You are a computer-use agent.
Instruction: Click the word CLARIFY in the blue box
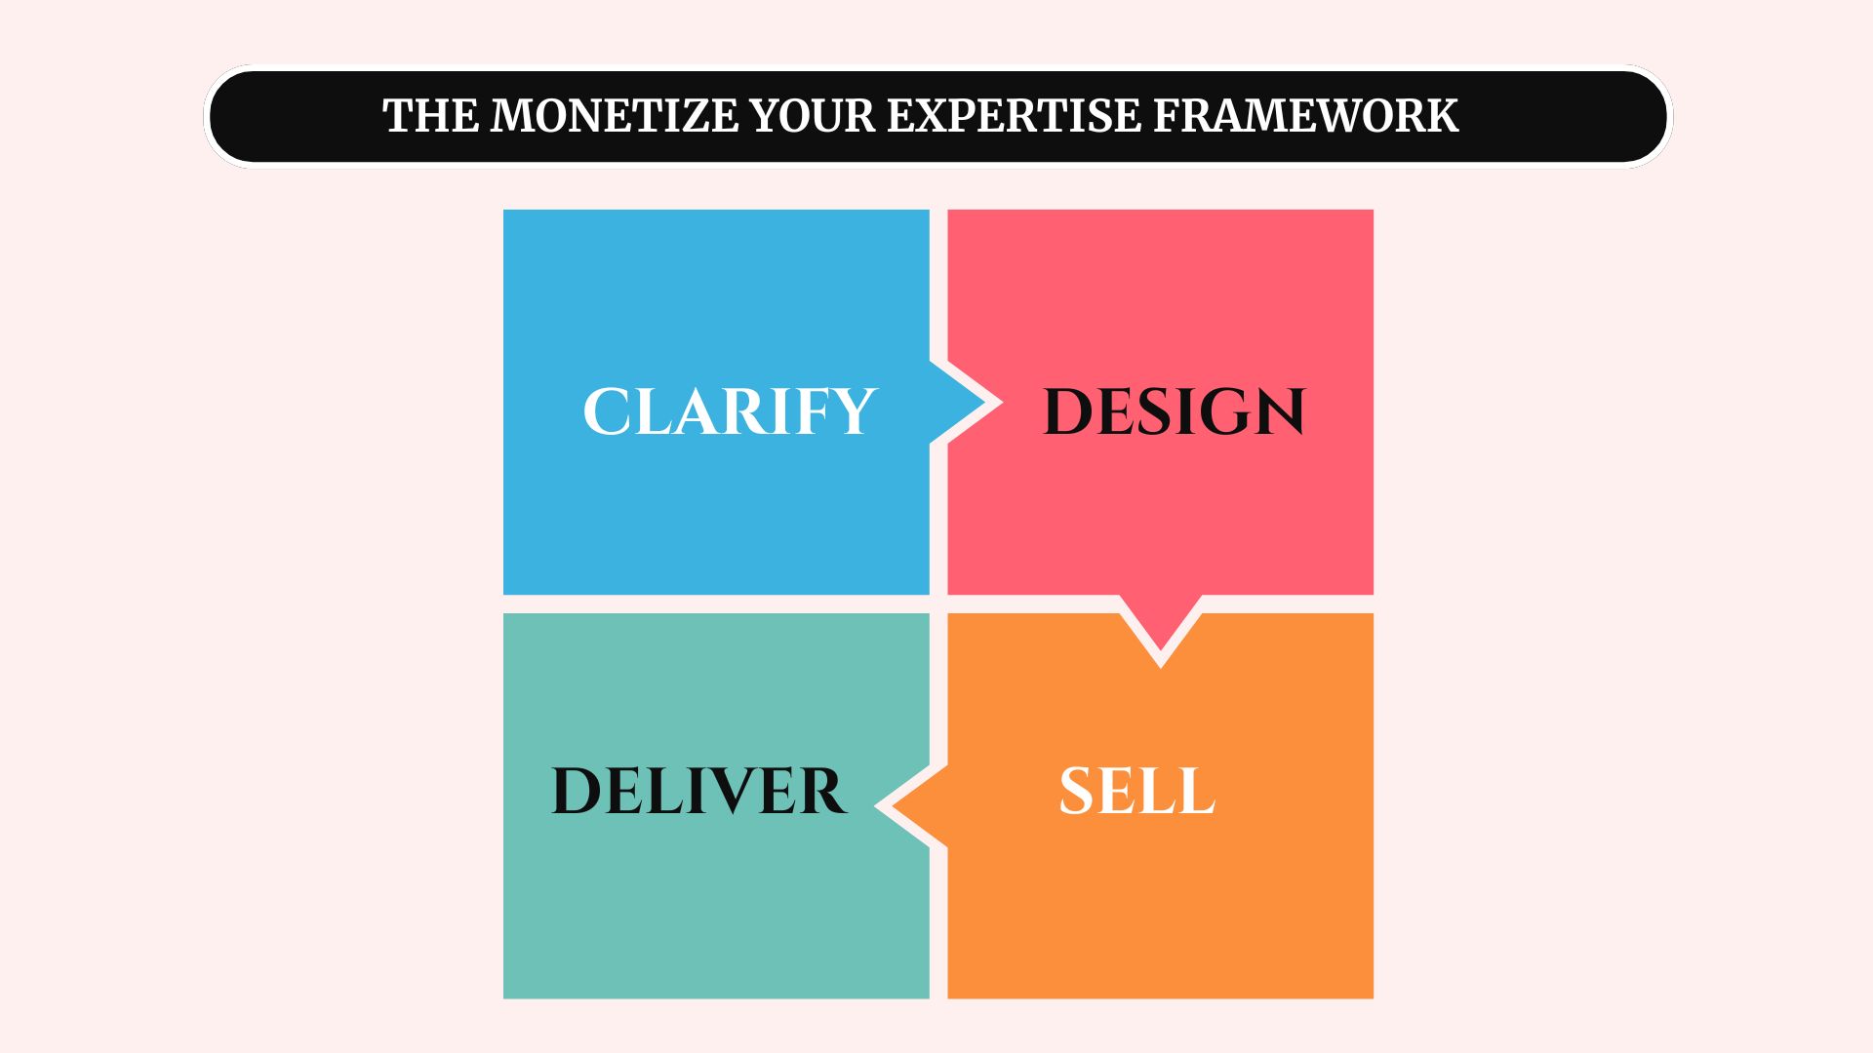(729, 411)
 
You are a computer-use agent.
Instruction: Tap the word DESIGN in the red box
(1174, 411)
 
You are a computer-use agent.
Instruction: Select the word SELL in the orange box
(1136, 791)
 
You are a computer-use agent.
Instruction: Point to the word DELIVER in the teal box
(698, 791)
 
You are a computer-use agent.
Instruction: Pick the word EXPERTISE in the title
(1014, 116)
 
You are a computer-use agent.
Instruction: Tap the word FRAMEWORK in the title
(1305, 116)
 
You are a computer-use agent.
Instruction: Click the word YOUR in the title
(813, 116)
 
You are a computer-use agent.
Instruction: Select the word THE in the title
(431, 116)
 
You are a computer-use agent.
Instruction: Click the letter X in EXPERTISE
(934, 116)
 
